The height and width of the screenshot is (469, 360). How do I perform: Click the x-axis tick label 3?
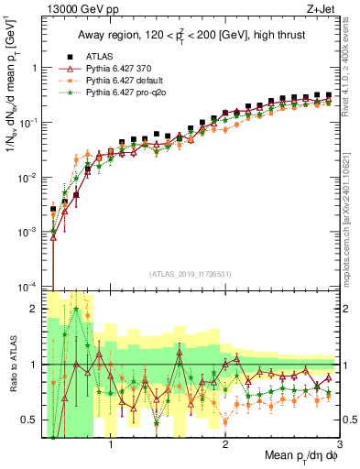(x=340, y=444)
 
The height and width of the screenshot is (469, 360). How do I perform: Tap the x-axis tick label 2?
(x=225, y=444)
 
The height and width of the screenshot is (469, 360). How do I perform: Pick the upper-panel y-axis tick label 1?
(x=36, y=67)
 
